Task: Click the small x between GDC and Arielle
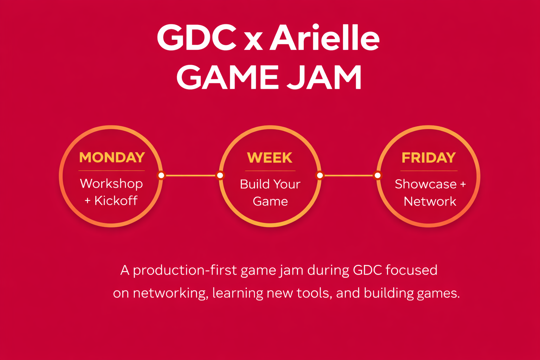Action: coord(253,41)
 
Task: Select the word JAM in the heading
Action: coord(324,77)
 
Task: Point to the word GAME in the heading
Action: coord(227,77)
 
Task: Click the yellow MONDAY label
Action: coord(112,157)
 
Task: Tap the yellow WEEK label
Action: coord(270,158)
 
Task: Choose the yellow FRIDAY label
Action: coord(429,158)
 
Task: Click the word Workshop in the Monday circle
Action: coord(111,184)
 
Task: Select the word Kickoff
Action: coord(116,200)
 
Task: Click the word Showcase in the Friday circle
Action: coord(426,184)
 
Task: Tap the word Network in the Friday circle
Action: coord(430,201)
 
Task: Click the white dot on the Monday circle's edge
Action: coord(161,175)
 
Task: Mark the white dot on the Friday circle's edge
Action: coord(378,175)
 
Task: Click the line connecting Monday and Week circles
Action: coord(191,175)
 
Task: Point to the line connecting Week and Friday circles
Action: coord(349,175)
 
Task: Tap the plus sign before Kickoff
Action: coord(88,201)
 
